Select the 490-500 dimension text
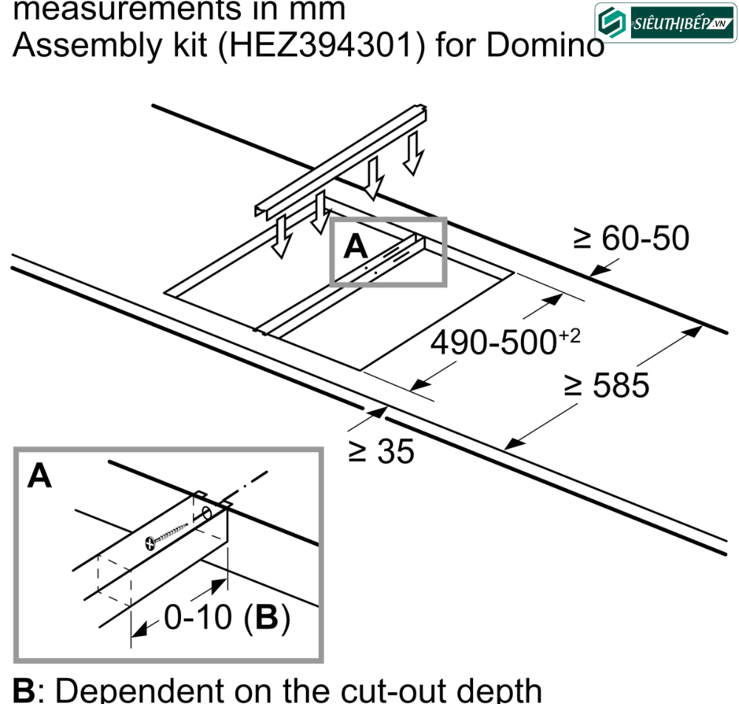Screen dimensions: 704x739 pos(494,343)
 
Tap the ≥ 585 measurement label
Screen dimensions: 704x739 pos(607,385)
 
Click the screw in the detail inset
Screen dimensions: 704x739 pos(166,535)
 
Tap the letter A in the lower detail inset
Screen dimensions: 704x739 pos(40,477)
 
